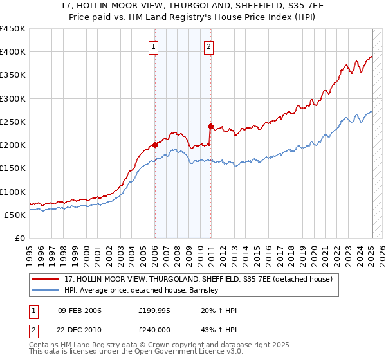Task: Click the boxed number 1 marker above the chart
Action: pos(154,46)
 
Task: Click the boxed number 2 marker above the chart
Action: pos(210,46)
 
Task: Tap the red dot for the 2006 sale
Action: pos(155,145)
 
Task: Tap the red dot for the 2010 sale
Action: pos(210,126)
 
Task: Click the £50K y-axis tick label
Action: pos(14,215)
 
